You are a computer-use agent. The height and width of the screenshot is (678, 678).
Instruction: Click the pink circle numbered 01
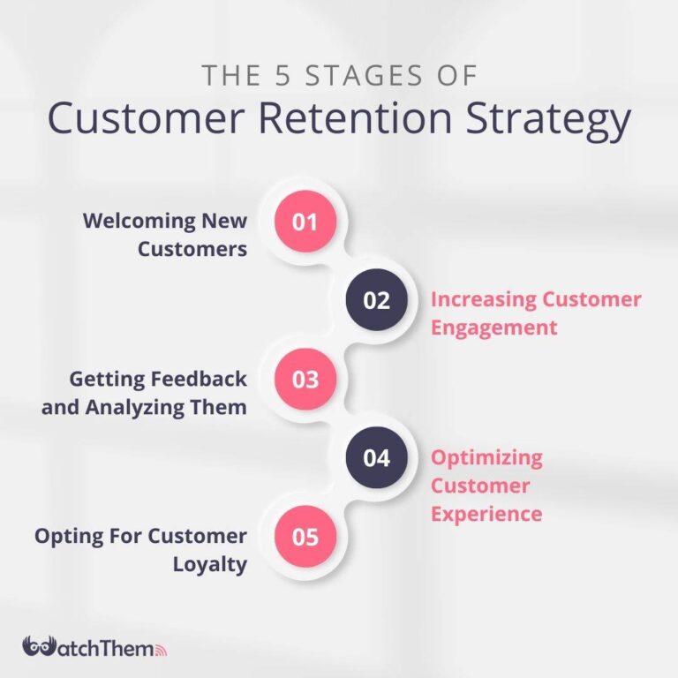pyautogui.click(x=305, y=222)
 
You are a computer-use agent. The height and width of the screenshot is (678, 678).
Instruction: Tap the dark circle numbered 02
pyautogui.click(x=376, y=300)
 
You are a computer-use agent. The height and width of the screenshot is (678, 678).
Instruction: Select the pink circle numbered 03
pyautogui.click(x=305, y=380)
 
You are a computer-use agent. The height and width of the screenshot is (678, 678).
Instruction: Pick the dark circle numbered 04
pyautogui.click(x=376, y=458)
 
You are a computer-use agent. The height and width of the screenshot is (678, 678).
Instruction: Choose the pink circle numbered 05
pyautogui.click(x=305, y=536)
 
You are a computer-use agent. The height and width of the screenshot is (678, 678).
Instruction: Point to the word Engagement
pyautogui.click(x=493, y=328)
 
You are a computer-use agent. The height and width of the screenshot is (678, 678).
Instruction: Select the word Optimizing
pyautogui.click(x=486, y=458)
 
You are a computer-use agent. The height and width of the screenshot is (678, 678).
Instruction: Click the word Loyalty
pyautogui.click(x=209, y=564)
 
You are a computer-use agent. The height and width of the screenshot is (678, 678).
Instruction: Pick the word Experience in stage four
pyautogui.click(x=486, y=513)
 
